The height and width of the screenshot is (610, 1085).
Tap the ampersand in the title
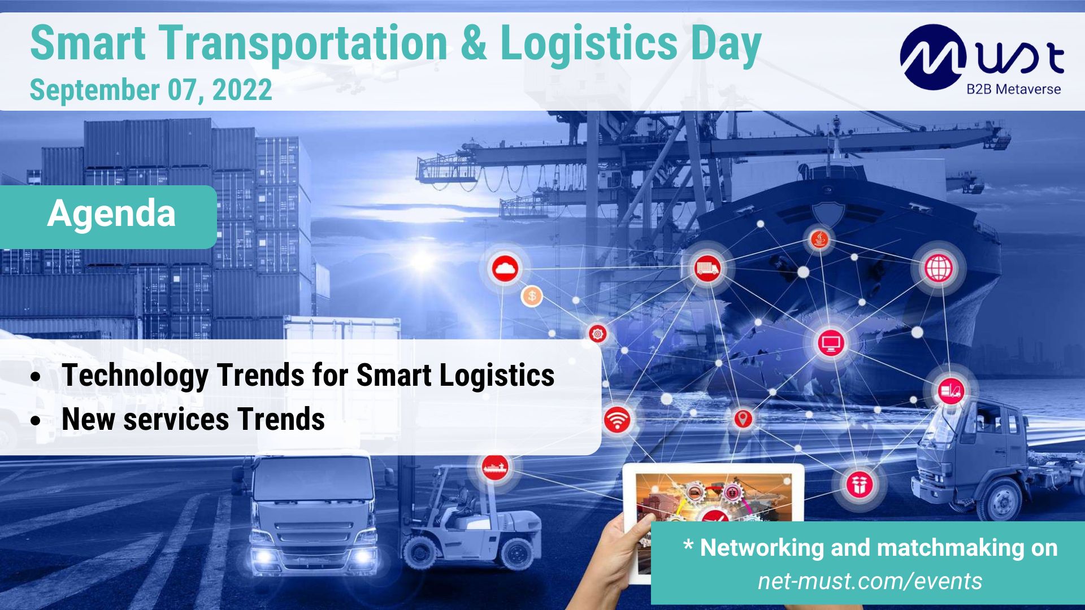coord(473,44)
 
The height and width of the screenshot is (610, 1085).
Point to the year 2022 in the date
coord(242,90)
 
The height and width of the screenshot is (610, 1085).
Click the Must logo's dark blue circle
coord(932,57)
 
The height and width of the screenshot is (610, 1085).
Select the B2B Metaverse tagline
coord(1013,89)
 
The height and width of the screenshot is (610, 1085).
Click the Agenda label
coord(111,214)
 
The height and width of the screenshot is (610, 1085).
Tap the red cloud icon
coord(505,268)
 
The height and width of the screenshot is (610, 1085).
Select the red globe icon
coord(939,268)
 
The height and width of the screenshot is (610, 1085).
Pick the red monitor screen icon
coord(831,342)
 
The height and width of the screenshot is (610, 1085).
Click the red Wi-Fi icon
coord(617,420)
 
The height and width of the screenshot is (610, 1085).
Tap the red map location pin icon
coord(743,419)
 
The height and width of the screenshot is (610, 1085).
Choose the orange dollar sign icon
coord(532,295)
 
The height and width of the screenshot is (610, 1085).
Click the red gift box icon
coord(859,484)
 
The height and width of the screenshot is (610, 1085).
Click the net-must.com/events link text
coord(870,581)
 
